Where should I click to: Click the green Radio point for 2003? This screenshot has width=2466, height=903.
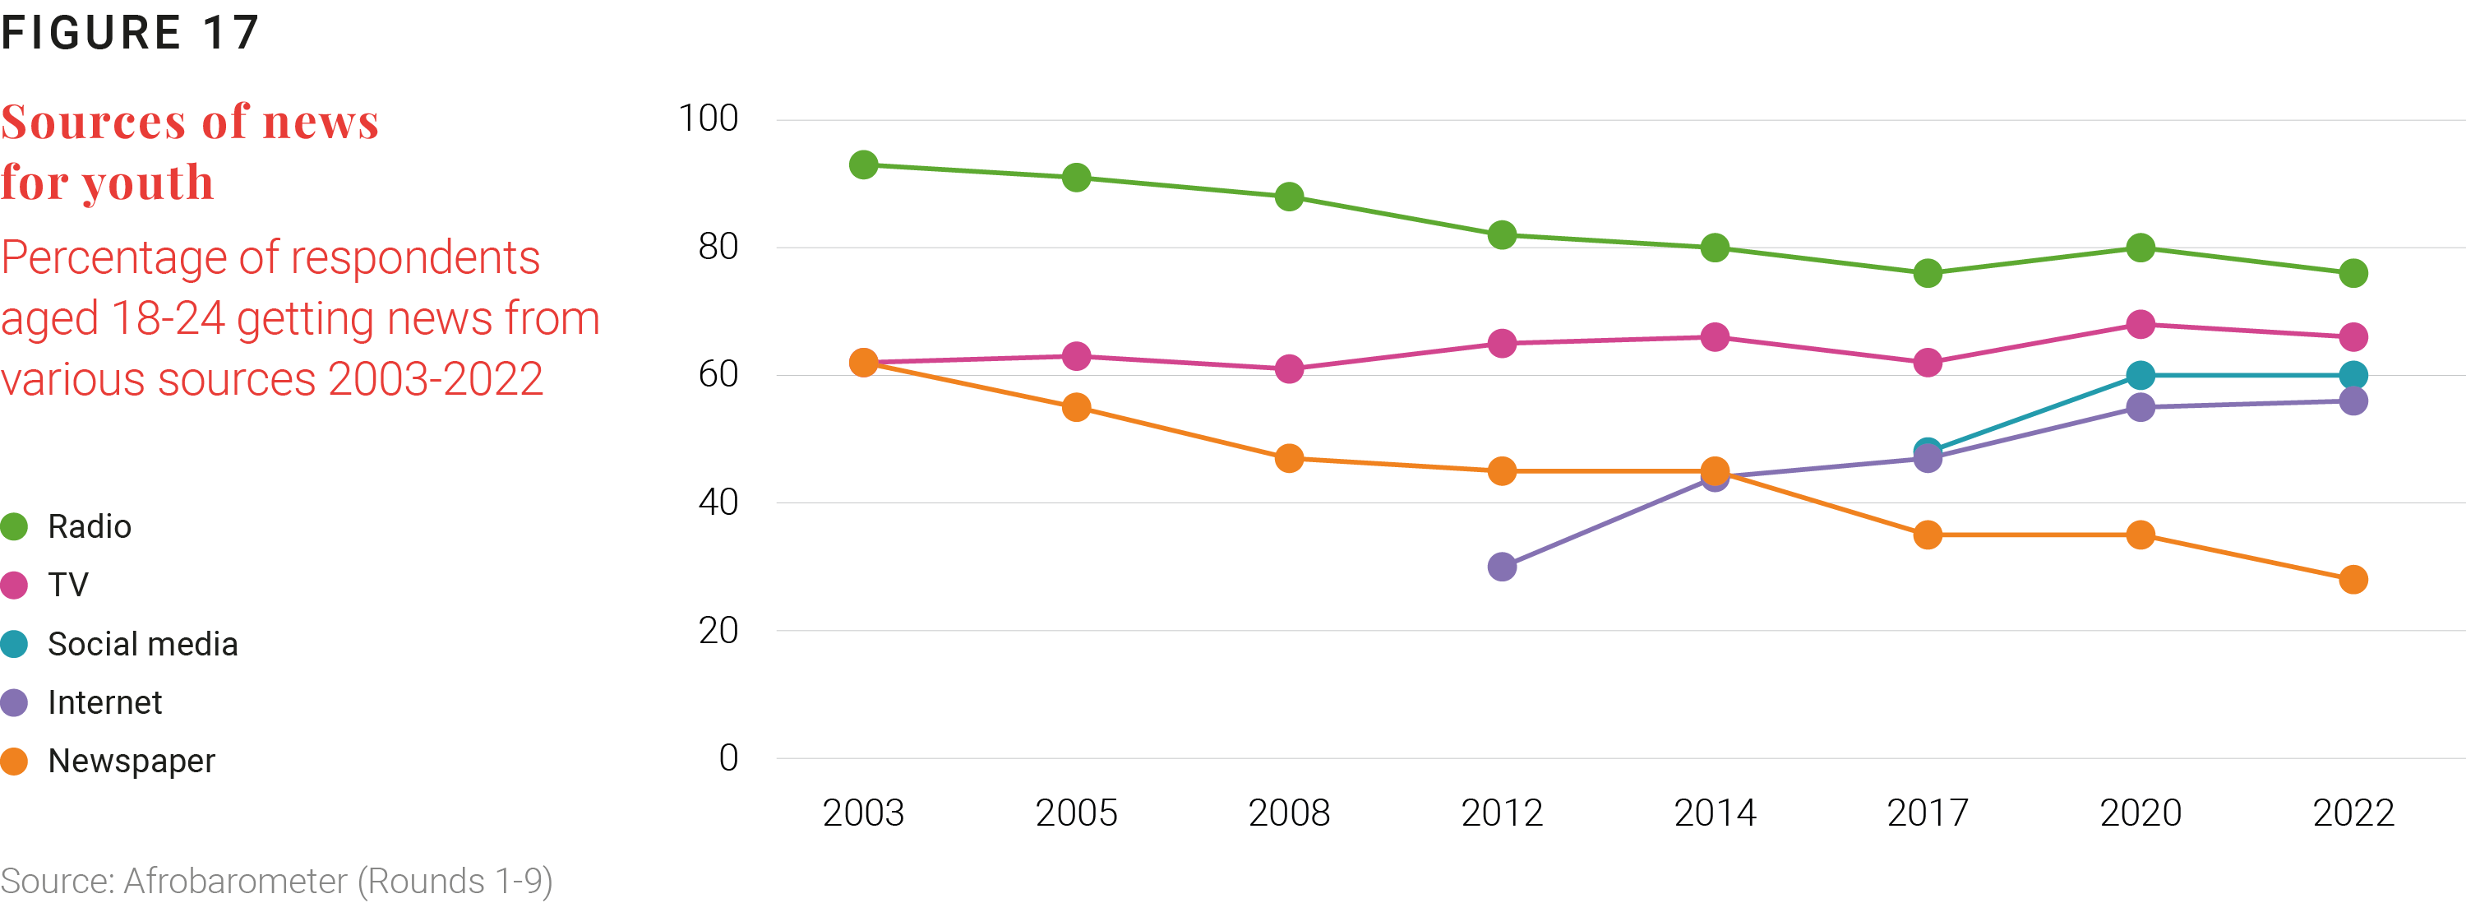click(x=863, y=164)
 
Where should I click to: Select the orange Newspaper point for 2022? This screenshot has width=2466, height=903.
click(x=2353, y=579)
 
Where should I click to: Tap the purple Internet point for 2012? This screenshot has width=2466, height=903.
click(x=1502, y=567)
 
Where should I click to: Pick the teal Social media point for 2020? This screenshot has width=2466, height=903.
click(x=2140, y=375)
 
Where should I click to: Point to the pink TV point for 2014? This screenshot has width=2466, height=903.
click(x=1715, y=337)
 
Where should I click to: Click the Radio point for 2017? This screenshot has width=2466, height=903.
click(x=1928, y=273)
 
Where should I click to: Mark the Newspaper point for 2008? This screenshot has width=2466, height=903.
click(x=1290, y=458)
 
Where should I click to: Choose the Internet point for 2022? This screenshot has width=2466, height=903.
click(x=2353, y=401)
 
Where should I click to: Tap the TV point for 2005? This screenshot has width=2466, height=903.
click(x=1076, y=356)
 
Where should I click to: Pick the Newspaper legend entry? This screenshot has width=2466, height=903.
click(x=109, y=762)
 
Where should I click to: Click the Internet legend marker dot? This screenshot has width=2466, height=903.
click(x=14, y=703)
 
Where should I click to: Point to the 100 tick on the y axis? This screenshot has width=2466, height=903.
click(x=709, y=118)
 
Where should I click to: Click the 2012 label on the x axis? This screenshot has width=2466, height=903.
click(x=1502, y=813)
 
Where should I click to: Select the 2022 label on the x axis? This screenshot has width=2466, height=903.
click(x=2353, y=813)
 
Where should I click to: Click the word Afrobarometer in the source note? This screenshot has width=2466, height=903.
click(x=235, y=881)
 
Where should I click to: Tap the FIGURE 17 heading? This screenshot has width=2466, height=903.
click(x=130, y=33)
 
